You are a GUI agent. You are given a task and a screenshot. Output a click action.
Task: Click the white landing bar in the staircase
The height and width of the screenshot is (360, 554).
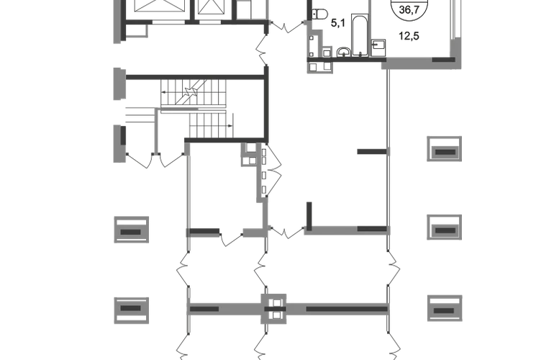tap(193, 110)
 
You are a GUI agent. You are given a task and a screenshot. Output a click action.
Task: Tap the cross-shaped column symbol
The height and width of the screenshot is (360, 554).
tap(273, 308)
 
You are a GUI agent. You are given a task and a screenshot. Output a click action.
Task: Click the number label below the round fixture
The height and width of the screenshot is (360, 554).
tap(409, 34)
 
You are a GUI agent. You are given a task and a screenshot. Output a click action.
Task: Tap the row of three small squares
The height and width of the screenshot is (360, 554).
tap(319, 68)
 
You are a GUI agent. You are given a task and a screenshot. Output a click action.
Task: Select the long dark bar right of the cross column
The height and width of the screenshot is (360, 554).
tap(345, 309)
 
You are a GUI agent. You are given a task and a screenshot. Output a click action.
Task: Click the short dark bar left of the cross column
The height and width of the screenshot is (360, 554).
tap(205, 309)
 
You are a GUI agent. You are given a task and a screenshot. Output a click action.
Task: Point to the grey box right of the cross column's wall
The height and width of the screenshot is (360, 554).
tap(445, 309)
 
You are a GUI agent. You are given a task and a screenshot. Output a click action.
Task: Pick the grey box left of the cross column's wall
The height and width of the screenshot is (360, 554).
tap(130, 308)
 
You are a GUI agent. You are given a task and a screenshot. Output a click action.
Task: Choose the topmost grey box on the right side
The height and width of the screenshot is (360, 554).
tap(445, 150)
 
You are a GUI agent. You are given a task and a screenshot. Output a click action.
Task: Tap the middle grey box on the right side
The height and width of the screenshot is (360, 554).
tap(445, 225)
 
